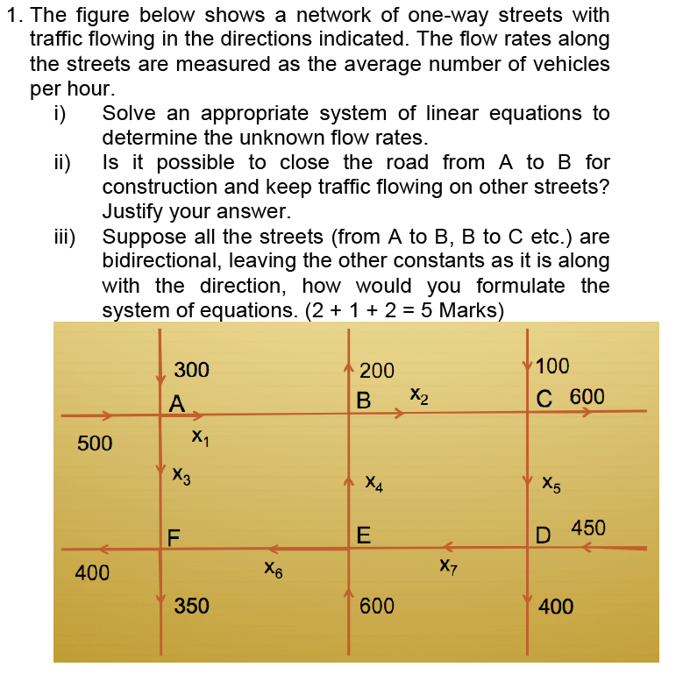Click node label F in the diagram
point(174,536)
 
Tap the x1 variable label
point(199,436)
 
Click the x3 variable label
point(181,476)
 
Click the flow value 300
point(191,370)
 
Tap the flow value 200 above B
point(377,371)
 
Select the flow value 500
point(95,443)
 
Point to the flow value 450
point(588,528)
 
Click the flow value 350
point(191,606)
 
